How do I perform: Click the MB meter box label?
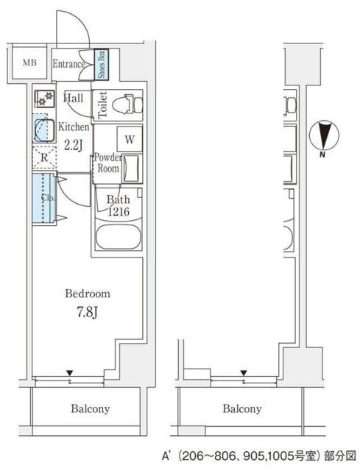[29, 63]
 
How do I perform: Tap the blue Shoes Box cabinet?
[102, 65]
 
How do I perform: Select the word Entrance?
[68, 64]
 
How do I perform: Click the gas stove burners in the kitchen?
[45, 99]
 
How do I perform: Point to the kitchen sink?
[44, 130]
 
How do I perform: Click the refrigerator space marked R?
[44, 157]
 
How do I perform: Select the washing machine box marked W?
[130, 139]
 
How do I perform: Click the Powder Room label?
[108, 163]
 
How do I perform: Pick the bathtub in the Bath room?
[118, 236]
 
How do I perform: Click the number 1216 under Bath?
[119, 212]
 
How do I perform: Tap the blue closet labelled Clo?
[44, 198]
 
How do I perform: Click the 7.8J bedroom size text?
[87, 312]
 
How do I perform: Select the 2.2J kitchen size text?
[73, 146]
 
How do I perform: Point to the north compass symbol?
[324, 135]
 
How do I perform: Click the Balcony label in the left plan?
[90, 409]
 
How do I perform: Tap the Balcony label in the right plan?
[242, 409]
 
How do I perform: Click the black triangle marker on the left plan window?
[70, 373]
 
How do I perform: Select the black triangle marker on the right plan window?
[244, 373]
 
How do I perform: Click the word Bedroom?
[88, 294]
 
